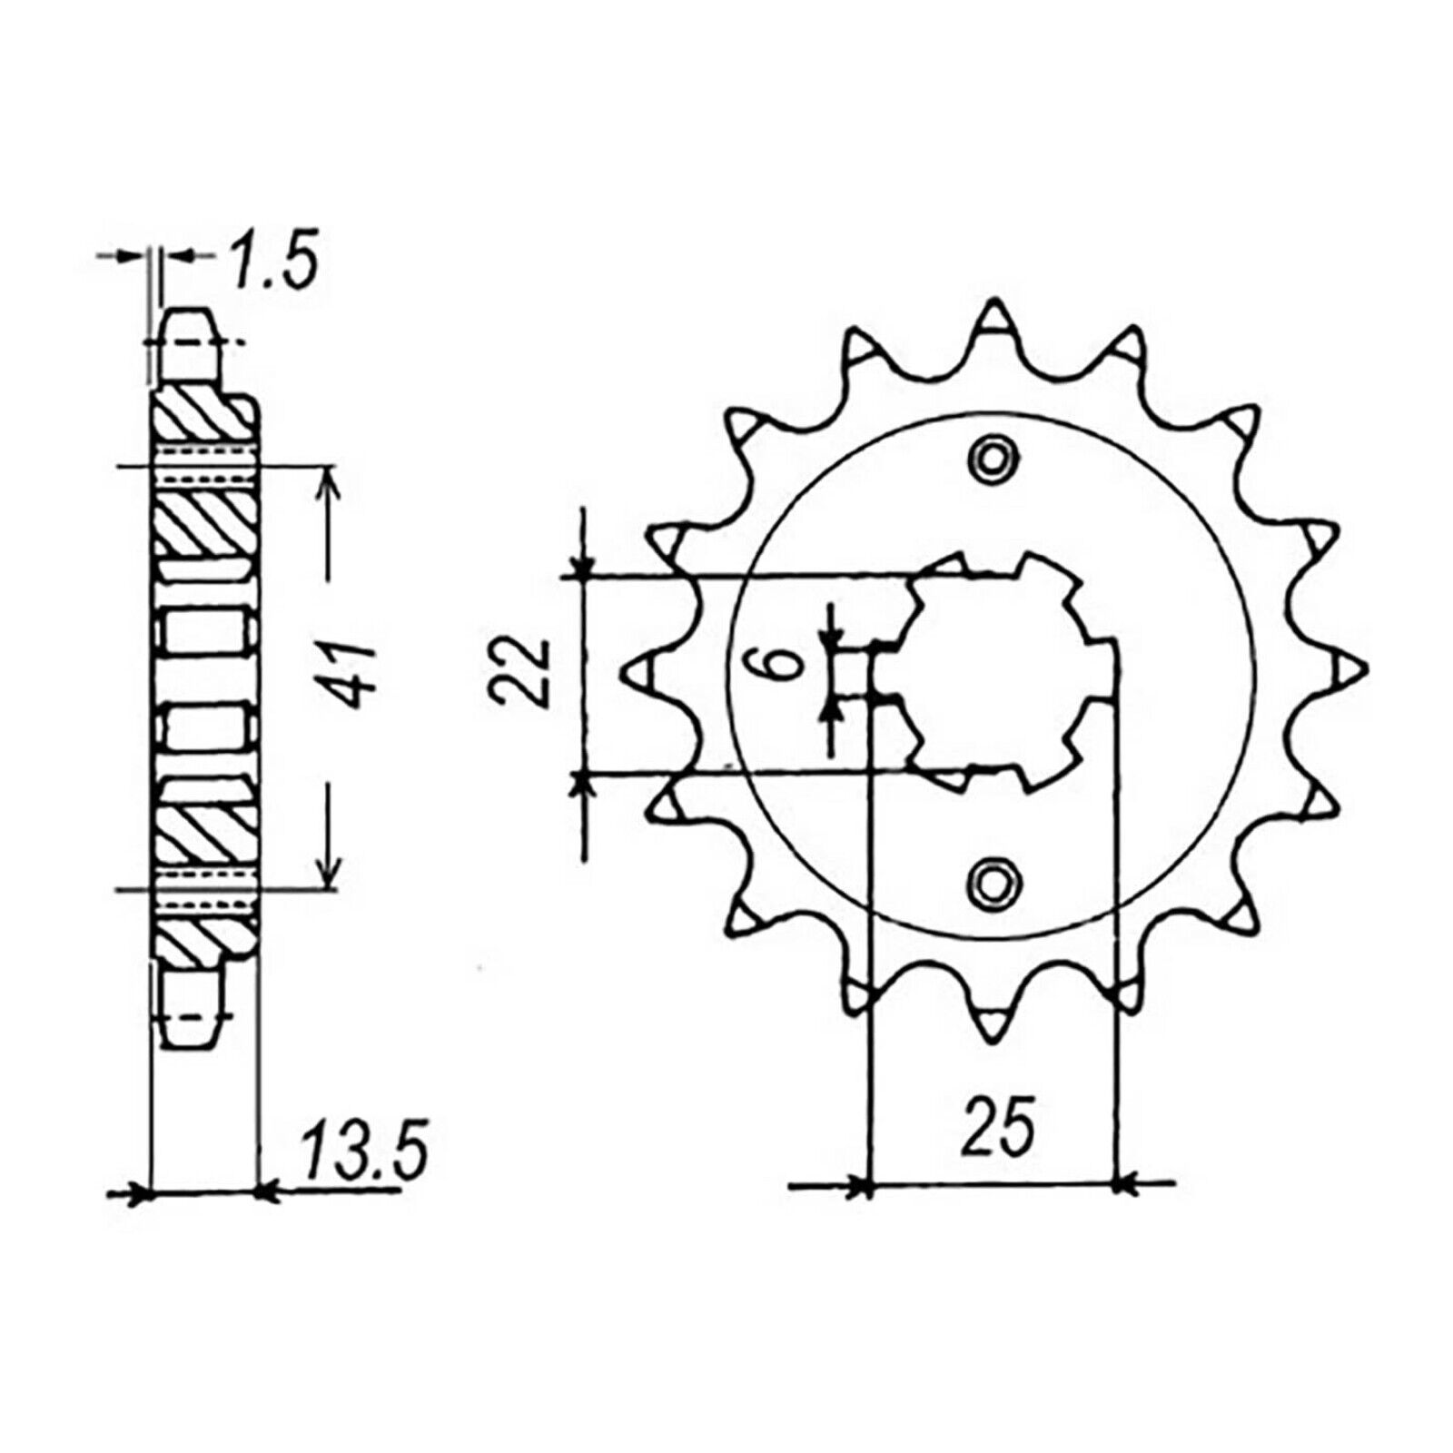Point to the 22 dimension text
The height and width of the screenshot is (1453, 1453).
click(x=526, y=673)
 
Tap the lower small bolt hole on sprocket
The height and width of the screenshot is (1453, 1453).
click(x=992, y=878)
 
